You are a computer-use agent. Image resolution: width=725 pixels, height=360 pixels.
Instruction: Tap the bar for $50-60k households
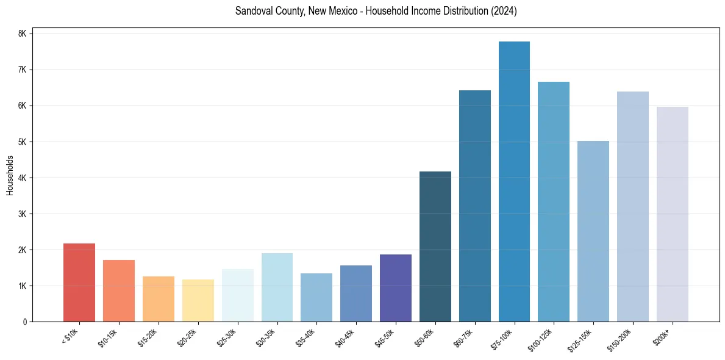[435, 247]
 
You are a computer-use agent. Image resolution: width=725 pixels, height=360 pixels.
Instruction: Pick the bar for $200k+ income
[672, 214]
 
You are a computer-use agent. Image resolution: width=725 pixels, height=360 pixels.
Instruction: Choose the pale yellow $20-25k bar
[198, 300]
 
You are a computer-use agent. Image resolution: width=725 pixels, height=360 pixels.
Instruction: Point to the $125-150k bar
[593, 231]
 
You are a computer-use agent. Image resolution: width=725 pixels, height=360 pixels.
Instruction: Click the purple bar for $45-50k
[396, 288]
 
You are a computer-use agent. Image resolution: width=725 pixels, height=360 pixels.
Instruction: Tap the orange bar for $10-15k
[119, 290]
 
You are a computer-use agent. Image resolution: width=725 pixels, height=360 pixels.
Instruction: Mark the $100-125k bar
[554, 202]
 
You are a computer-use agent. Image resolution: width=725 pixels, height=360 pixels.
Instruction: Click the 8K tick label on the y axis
[23, 34]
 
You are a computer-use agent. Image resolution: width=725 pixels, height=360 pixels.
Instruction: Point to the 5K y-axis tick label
[23, 142]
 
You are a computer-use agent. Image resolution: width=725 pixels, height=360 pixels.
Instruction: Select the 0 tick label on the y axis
[25, 322]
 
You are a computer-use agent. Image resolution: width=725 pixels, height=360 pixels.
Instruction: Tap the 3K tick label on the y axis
[23, 214]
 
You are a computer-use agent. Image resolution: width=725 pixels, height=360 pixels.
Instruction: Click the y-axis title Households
[10, 175]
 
